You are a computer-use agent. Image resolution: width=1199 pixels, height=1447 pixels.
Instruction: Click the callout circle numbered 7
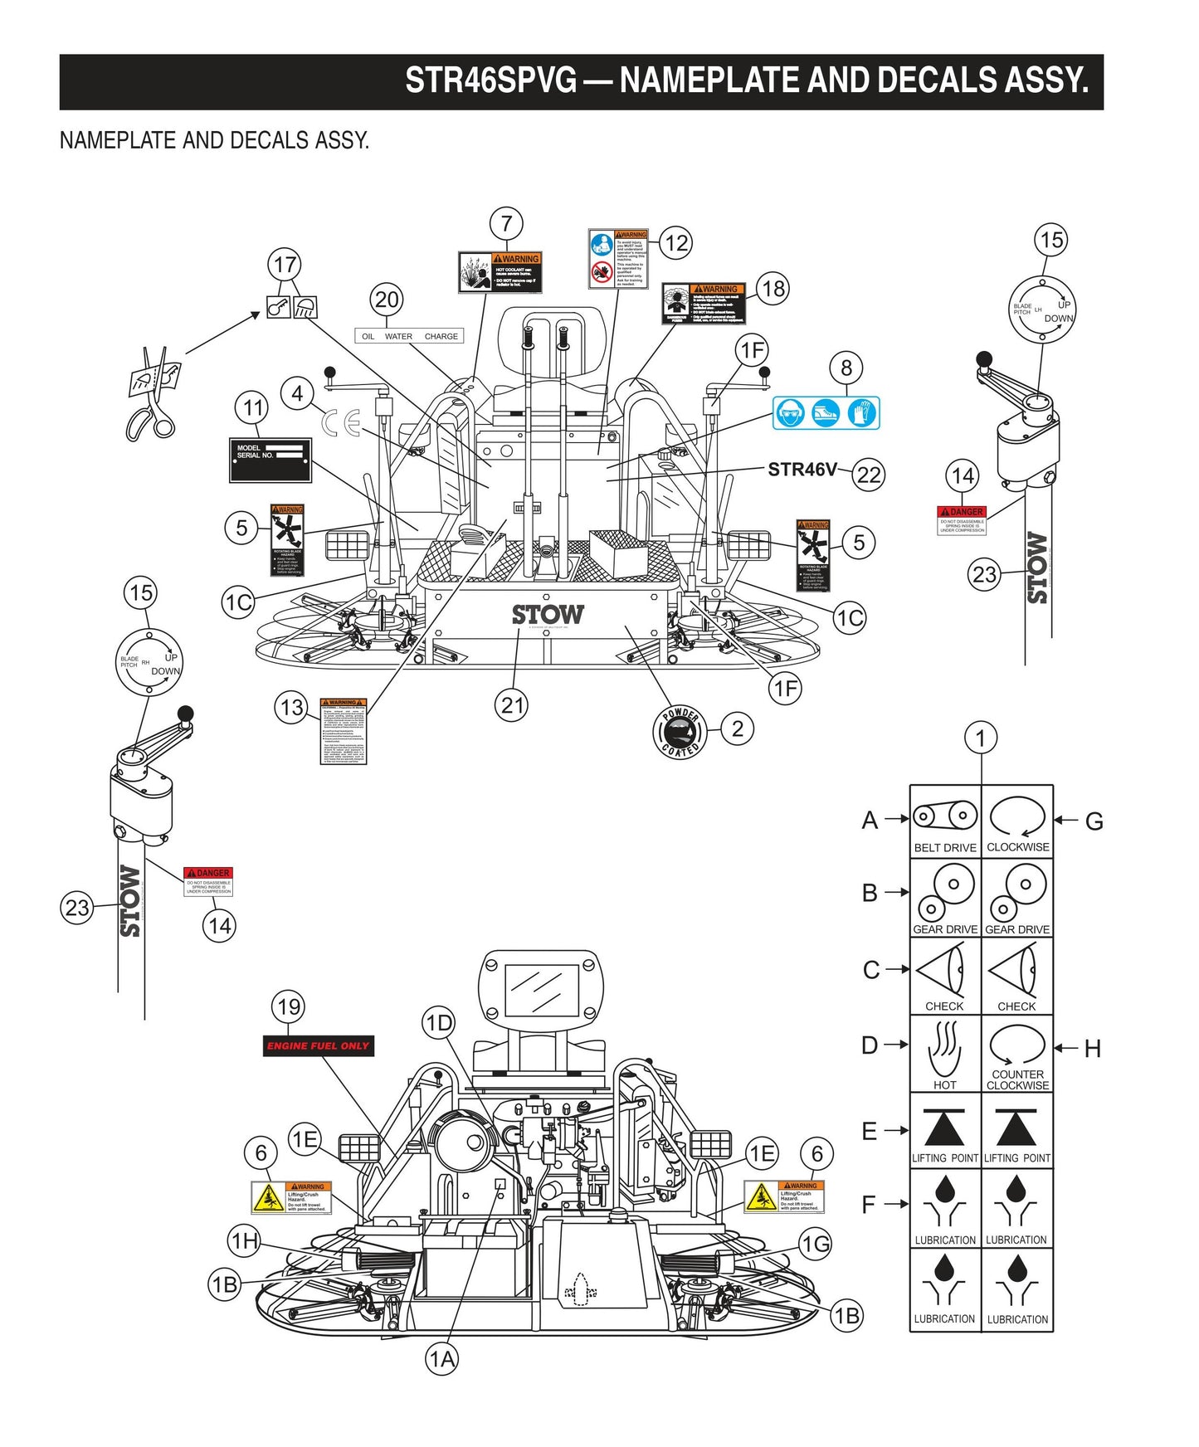(x=506, y=223)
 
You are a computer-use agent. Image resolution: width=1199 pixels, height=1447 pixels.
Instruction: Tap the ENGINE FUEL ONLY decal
(x=318, y=1046)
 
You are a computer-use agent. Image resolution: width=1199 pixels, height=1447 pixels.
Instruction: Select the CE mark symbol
(x=340, y=424)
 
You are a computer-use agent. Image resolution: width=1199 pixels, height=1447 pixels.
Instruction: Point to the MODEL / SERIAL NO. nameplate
(x=271, y=460)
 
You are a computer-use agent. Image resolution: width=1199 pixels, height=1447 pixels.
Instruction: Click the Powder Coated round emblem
(x=680, y=732)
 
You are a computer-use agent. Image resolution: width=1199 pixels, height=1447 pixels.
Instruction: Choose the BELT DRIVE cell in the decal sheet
(x=945, y=821)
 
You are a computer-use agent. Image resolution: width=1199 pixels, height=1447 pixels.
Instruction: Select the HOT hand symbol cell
(x=945, y=1054)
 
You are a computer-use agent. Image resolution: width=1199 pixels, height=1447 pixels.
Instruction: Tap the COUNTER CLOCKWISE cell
(x=1017, y=1054)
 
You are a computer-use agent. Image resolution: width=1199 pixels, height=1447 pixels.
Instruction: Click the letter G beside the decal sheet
(x=1094, y=821)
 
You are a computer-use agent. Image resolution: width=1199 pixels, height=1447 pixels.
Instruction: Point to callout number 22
(x=868, y=475)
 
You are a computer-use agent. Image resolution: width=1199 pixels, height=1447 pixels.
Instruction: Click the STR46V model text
(x=802, y=470)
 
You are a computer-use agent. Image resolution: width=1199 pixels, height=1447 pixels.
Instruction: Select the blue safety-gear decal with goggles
(x=826, y=412)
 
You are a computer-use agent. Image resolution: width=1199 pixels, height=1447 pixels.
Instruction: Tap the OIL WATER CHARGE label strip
(x=409, y=336)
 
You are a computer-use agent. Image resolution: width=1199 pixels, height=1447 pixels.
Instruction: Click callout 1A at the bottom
(x=441, y=1359)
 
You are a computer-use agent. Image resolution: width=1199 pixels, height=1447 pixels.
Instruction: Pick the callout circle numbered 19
(x=288, y=1006)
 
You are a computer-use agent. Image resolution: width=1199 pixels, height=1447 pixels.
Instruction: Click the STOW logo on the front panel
(x=548, y=615)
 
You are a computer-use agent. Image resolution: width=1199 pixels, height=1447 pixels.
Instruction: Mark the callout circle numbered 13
(x=291, y=708)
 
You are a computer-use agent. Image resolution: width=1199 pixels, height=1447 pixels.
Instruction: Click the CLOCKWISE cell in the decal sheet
(x=1017, y=821)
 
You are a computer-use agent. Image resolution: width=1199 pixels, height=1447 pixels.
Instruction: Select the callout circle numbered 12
(x=676, y=243)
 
